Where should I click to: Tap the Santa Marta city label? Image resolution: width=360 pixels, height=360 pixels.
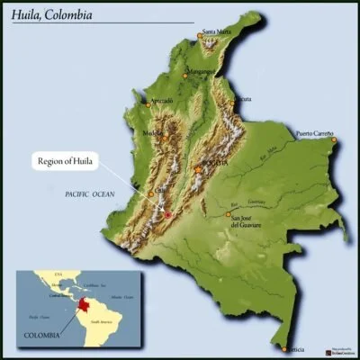220,32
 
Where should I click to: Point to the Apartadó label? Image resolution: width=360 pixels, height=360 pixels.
161,100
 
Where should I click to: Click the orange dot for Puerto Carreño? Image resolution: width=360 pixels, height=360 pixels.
332,139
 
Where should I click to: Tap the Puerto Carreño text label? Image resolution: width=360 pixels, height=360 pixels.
315,133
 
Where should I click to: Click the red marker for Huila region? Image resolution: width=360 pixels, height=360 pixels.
166,213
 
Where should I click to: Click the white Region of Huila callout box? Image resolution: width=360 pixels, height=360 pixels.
68,163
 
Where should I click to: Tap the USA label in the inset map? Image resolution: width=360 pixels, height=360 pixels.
59,272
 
